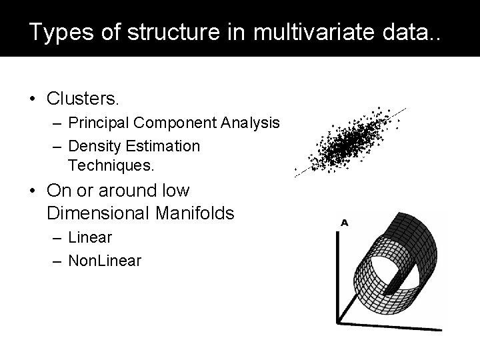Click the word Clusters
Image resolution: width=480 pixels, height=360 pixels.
coord(83,99)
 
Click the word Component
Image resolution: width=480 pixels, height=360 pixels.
coord(179,124)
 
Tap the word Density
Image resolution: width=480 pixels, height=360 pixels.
coord(93,145)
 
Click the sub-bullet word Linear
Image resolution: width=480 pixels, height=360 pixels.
coord(89,238)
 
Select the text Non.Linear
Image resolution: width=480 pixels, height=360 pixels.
coord(105,261)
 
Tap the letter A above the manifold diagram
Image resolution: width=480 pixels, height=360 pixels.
coord(345,222)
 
